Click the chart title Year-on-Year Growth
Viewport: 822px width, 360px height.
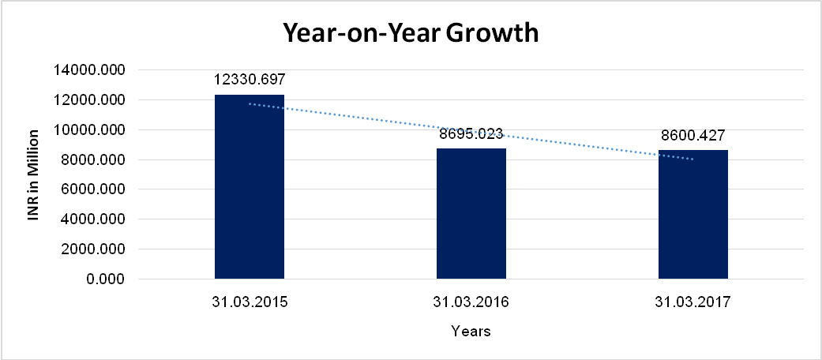click(x=411, y=33)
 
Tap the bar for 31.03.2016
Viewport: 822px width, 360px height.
click(x=471, y=213)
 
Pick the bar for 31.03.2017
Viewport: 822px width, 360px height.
click(x=693, y=214)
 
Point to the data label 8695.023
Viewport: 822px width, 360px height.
click(x=471, y=134)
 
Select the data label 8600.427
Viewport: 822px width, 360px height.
click(x=693, y=135)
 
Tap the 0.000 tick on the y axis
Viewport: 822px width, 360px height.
click(x=105, y=279)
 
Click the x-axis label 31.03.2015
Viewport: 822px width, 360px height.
click(x=250, y=302)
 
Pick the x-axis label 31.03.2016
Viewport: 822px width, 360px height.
click(x=471, y=302)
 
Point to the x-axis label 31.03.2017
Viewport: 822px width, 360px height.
click(x=693, y=302)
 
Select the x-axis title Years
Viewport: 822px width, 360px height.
click(x=471, y=332)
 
